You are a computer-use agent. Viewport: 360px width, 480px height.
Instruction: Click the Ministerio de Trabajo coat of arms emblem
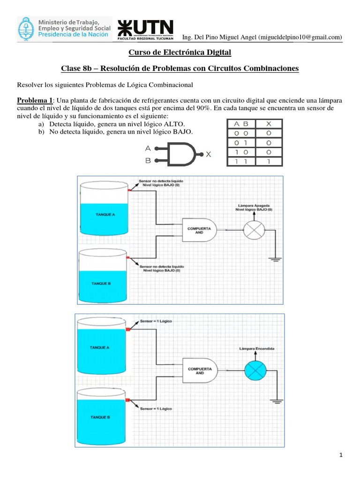pos(27,29)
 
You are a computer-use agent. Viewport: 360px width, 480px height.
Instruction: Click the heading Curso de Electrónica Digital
pos(180,53)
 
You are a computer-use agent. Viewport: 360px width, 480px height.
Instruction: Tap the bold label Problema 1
pos(36,100)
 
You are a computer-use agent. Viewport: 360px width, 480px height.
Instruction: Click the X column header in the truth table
pos(268,124)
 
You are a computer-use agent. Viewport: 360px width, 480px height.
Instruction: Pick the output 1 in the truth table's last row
pos(268,161)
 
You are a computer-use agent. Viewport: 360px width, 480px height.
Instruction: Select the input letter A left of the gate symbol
pos(148,148)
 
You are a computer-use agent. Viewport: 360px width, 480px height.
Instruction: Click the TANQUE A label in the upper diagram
pos(105,214)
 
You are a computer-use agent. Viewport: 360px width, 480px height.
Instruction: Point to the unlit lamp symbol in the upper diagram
pos(254,231)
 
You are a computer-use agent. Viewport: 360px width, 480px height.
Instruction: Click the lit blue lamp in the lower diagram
pos(255,370)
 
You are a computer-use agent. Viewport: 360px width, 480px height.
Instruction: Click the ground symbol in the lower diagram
pos(275,401)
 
